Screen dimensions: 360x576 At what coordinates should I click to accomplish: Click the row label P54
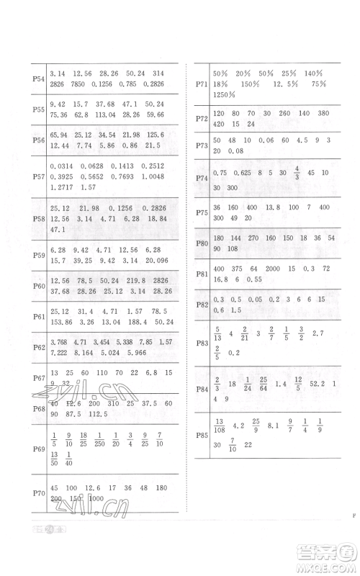(39, 78)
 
